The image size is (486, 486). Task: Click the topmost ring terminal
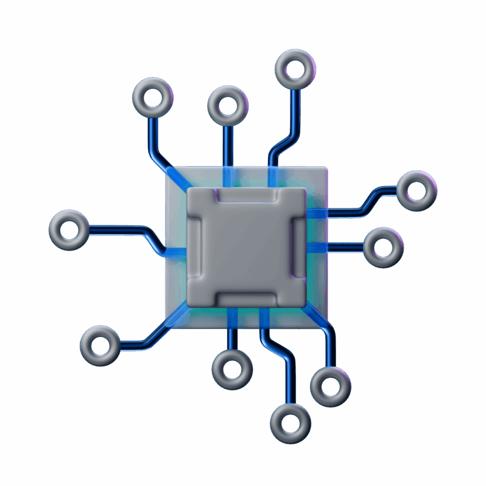click(x=295, y=69)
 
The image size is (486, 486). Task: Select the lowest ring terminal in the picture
click(x=290, y=423)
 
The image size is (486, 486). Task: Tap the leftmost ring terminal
click(x=69, y=230)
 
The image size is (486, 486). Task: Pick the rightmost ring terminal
click(x=417, y=191)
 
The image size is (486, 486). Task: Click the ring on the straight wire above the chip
click(x=228, y=105)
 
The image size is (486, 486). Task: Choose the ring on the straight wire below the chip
click(x=232, y=370)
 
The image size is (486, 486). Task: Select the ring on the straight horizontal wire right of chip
click(x=383, y=247)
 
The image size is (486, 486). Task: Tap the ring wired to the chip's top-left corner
click(x=153, y=98)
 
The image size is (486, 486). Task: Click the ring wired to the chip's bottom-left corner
click(x=100, y=346)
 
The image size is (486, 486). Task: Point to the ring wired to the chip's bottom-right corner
click(x=331, y=386)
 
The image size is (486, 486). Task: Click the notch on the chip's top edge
click(x=246, y=196)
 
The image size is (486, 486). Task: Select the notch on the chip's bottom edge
click(x=246, y=299)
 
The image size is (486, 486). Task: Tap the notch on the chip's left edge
click(x=196, y=247)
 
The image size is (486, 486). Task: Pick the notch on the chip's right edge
click(x=298, y=247)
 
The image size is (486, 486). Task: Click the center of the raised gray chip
click(x=246, y=247)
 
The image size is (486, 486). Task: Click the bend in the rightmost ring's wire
click(x=366, y=204)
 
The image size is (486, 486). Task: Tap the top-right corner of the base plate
click(x=325, y=168)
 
